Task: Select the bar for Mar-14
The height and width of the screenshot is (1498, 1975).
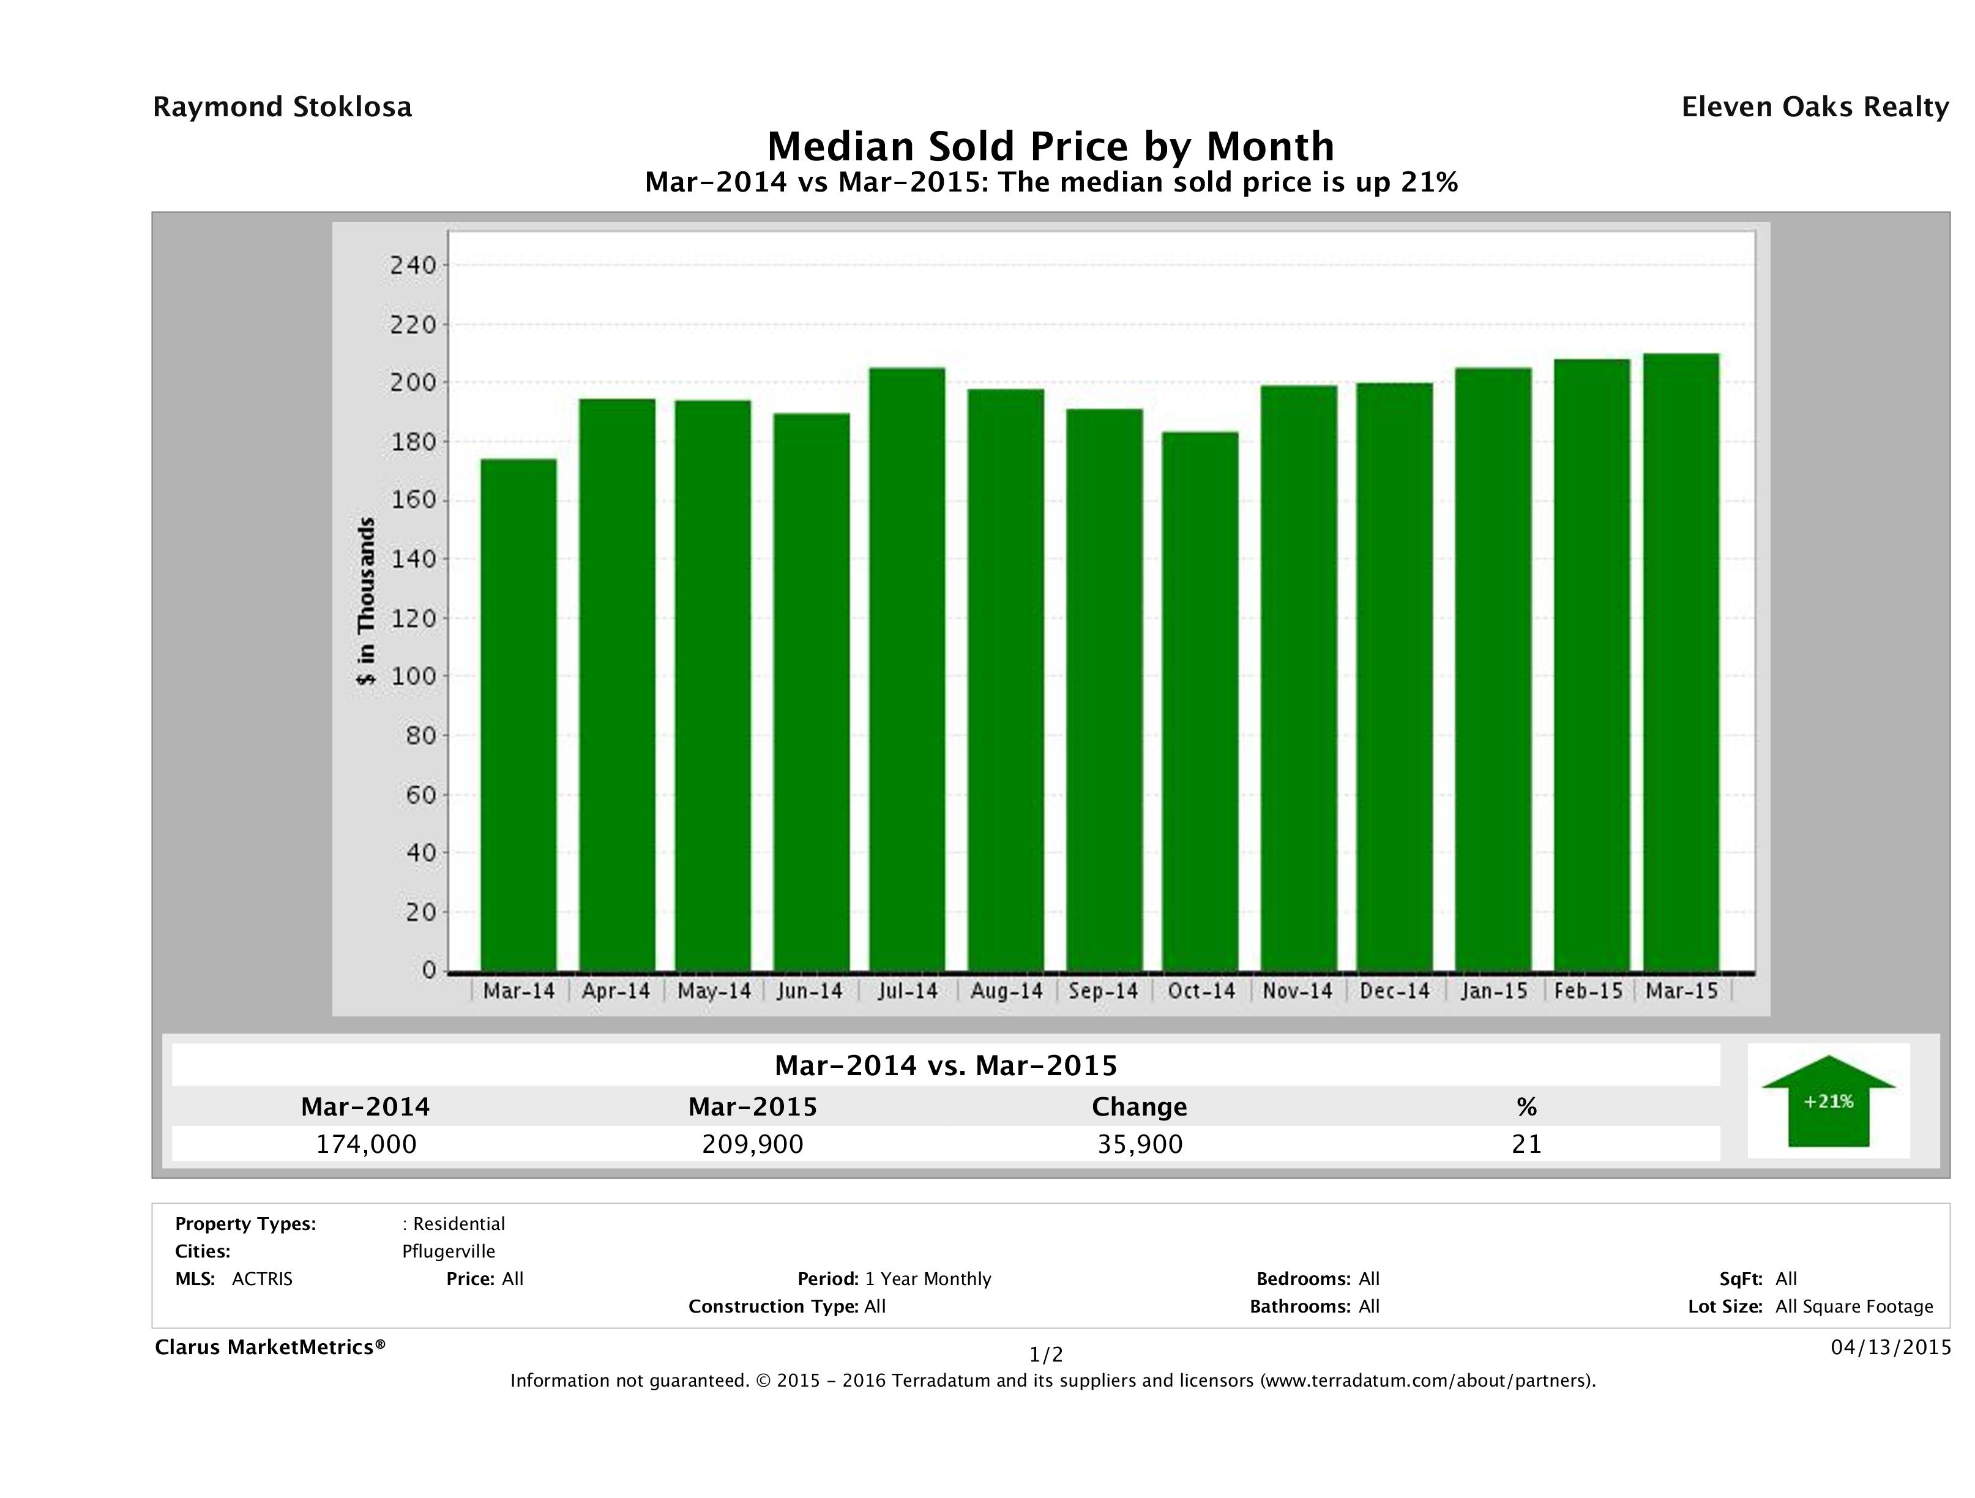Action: pos(519,714)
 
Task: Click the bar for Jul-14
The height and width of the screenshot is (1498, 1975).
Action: pos(907,669)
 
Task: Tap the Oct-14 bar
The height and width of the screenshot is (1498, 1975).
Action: pos(1200,701)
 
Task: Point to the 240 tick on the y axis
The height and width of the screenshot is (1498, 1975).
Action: pos(412,265)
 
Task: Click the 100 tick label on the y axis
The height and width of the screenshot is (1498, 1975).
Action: pos(412,677)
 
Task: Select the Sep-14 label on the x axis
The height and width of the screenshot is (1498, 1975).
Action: pos(1103,991)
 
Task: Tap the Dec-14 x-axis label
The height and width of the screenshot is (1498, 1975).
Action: pos(1395,991)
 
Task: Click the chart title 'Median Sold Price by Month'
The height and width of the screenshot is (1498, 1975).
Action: pos(1050,146)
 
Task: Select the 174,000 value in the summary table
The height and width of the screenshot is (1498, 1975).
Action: pos(366,1144)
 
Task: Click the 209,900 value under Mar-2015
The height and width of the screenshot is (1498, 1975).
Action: pos(753,1144)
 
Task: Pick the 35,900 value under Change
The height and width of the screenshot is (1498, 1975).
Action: pos(1140,1144)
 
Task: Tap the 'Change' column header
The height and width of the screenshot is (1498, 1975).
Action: pos(1140,1107)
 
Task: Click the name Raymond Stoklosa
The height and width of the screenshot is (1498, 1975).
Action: pos(282,107)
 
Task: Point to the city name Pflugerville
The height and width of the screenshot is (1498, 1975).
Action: pos(448,1251)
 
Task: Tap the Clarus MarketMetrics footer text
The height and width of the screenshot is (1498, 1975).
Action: pos(270,1347)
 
